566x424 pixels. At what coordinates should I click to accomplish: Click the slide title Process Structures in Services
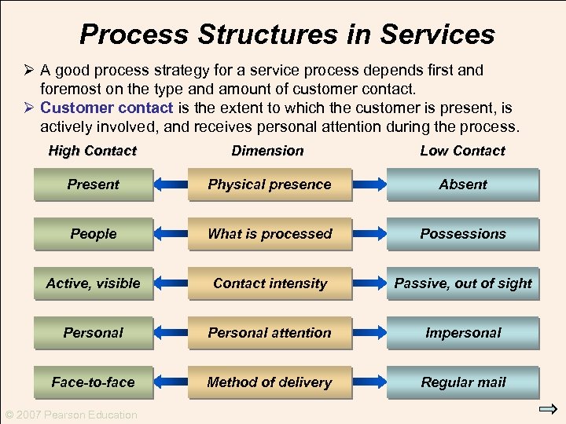287,35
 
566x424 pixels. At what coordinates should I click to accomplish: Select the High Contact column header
93,151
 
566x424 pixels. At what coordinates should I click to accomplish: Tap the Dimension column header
267,151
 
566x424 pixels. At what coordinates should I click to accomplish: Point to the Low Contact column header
462,151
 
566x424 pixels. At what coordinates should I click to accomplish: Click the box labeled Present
94,185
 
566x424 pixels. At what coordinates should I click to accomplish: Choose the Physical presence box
270,185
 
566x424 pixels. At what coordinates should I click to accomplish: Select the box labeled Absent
463,185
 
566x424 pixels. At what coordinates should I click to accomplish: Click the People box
94,234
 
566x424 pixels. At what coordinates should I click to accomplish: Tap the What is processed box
270,234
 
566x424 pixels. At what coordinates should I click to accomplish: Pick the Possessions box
463,234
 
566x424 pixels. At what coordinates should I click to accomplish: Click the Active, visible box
94,283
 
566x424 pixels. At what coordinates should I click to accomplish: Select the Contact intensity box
270,283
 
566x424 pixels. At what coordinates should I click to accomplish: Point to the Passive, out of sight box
463,283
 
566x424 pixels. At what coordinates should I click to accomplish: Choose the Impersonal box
463,333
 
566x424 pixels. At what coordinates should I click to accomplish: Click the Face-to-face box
94,382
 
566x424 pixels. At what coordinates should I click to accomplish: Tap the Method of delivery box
270,382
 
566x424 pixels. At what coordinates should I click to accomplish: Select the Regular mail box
463,382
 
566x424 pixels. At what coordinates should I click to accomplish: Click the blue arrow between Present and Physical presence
171,185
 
